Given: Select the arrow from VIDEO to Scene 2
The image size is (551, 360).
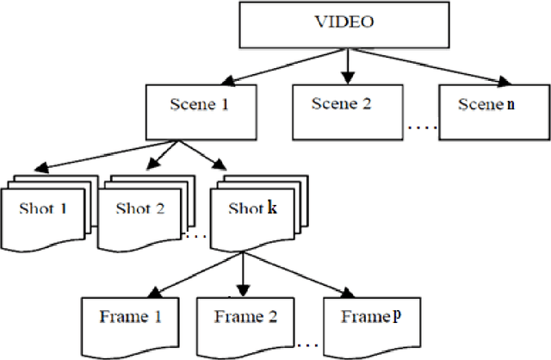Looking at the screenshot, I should coord(345,65).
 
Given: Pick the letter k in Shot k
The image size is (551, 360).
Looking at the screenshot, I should coord(272,209).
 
